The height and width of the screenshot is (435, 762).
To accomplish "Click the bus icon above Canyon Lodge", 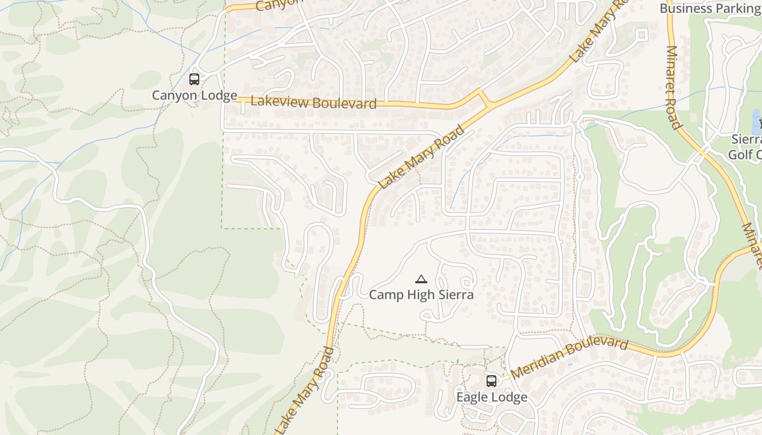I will (x=194, y=79).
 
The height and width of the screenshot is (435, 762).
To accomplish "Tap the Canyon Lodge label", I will (x=194, y=96).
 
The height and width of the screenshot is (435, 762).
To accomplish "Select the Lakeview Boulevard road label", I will (x=314, y=103).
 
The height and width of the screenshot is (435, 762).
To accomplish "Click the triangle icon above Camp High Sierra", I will (x=421, y=279).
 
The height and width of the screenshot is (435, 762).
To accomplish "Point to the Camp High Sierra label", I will (x=421, y=295).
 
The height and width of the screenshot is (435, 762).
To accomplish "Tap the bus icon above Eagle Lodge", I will (x=491, y=381).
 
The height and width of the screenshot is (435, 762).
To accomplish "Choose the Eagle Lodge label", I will (x=491, y=397).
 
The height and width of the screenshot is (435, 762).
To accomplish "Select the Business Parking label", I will (x=710, y=8).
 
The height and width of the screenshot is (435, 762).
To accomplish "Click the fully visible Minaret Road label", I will (x=674, y=88).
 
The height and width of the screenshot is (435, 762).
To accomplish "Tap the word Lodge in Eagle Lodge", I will (x=510, y=397).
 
